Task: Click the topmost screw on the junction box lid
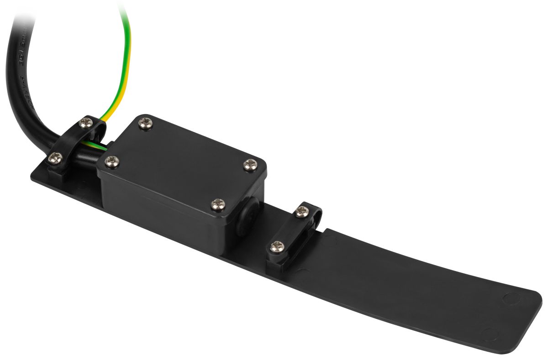pos(146,123)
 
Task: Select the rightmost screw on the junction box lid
pos(249,165)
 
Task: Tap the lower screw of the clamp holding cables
pos(56,158)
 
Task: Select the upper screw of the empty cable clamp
pos(301,211)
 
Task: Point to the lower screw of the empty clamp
pos(276,247)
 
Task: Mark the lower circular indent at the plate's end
pos(490,334)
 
